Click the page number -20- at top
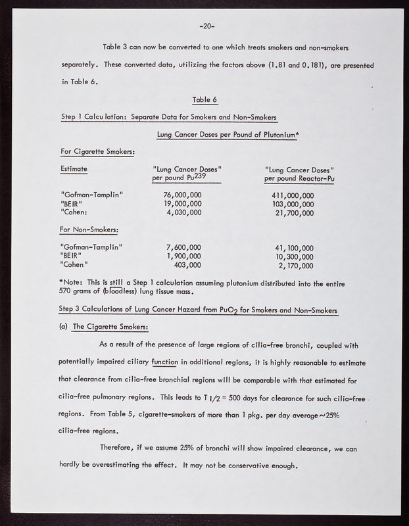click(204, 26)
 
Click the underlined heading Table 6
click(204, 100)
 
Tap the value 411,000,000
click(293, 195)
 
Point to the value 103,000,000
click(293, 204)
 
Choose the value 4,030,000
click(185, 213)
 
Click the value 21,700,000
click(295, 213)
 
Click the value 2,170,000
click(297, 266)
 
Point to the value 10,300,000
click(295, 257)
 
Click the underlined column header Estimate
click(74, 169)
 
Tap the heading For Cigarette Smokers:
click(97, 152)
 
